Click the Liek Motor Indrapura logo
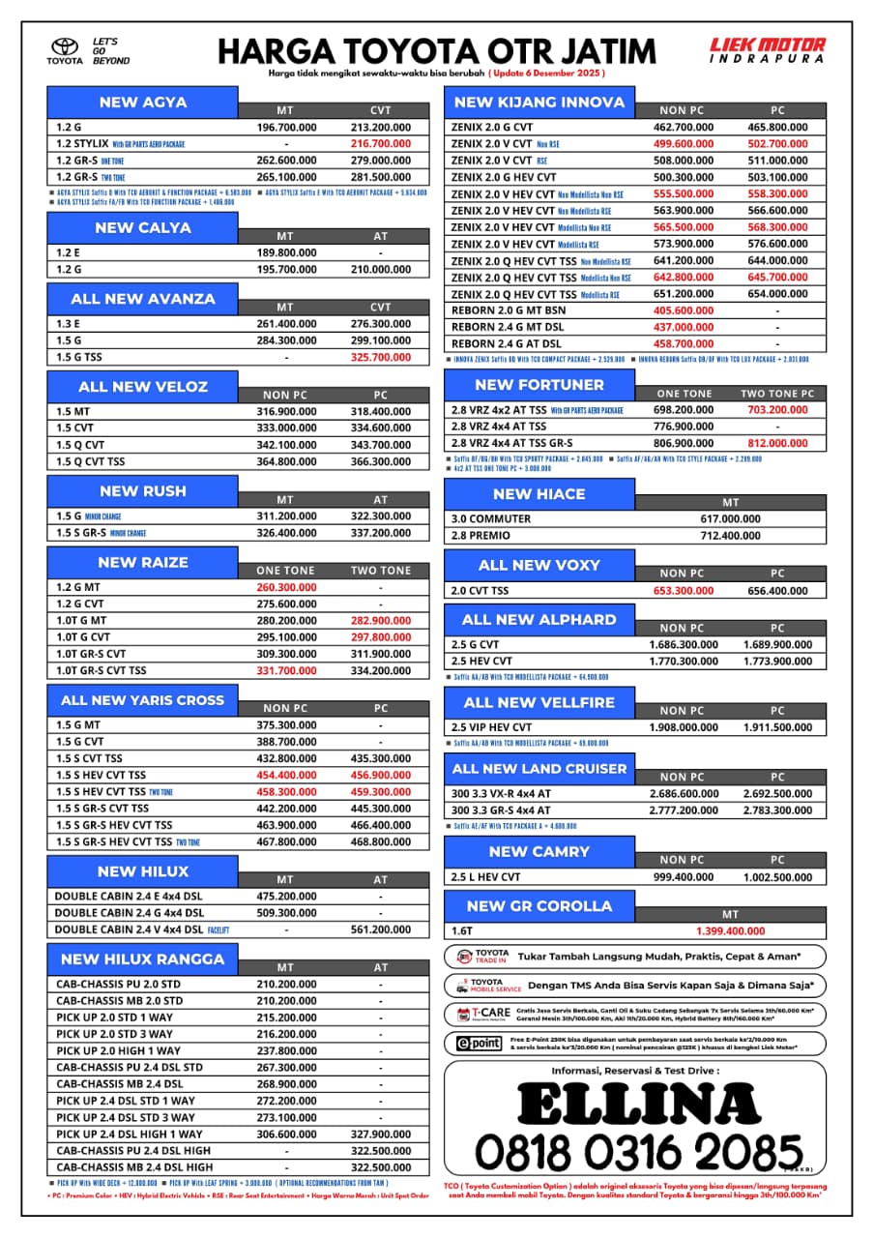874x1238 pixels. [x=768, y=50]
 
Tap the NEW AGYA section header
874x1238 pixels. [x=143, y=103]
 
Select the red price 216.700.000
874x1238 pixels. [x=380, y=144]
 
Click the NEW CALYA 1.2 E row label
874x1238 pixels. [x=71, y=252]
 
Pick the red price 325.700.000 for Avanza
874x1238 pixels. [x=380, y=357]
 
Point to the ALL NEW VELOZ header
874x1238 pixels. [x=143, y=387]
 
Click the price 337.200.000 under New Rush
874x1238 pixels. [x=380, y=533]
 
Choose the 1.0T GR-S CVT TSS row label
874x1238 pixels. [x=102, y=670]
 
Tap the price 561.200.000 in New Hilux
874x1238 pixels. [x=380, y=929]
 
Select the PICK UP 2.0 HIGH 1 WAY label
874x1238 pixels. [x=118, y=1050]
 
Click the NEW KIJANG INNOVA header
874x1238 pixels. [x=539, y=103]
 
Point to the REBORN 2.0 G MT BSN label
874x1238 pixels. [x=509, y=310]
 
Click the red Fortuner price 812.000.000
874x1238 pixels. [x=777, y=443]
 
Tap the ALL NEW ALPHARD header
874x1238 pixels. [x=539, y=619]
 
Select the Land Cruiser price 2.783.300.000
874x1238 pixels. [x=777, y=811]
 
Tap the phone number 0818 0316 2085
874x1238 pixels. [x=638, y=1152]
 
